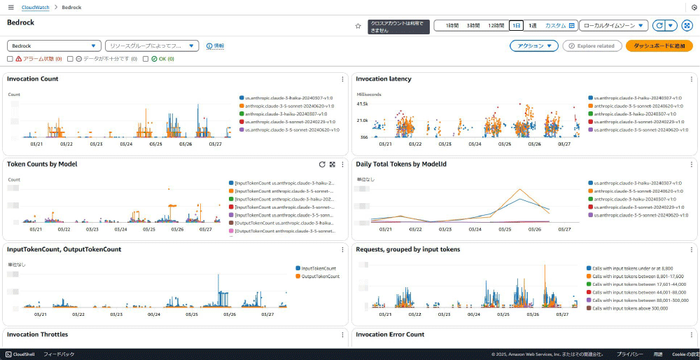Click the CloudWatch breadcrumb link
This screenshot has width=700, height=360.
(x=36, y=7)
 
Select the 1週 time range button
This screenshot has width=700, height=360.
(x=533, y=25)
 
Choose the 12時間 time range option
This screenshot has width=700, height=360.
(x=496, y=25)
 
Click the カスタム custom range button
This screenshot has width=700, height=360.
(x=559, y=25)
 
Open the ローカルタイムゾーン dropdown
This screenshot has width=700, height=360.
(x=613, y=25)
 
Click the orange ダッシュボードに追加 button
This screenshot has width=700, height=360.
(x=659, y=46)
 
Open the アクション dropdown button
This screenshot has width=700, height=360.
(x=534, y=46)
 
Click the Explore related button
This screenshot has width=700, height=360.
(x=592, y=46)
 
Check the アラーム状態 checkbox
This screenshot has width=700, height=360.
(x=10, y=59)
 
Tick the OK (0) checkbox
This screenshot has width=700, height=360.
(x=146, y=59)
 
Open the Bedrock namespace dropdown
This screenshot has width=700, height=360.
(x=54, y=46)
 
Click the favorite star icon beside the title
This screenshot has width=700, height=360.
(x=358, y=26)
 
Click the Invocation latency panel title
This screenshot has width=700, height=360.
(x=384, y=79)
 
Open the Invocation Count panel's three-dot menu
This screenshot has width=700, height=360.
(x=342, y=79)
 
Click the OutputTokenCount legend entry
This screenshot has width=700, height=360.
(x=319, y=277)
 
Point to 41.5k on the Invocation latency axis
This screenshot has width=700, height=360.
(x=363, y=104)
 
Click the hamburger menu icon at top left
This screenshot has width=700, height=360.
(x=10, y=7)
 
